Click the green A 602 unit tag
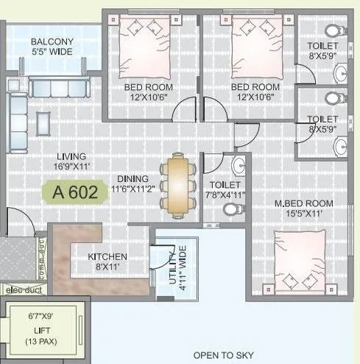pos(74,194)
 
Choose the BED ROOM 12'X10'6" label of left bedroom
pos(148,91)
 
